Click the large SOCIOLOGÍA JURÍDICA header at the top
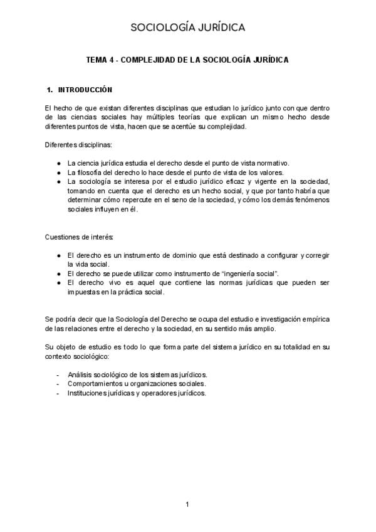point(187,27)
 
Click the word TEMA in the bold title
point(98,61)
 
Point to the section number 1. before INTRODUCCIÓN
point(50,90)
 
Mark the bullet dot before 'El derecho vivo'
point(58,283)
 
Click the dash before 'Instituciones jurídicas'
point(58,393)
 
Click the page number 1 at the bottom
point(187,505)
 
